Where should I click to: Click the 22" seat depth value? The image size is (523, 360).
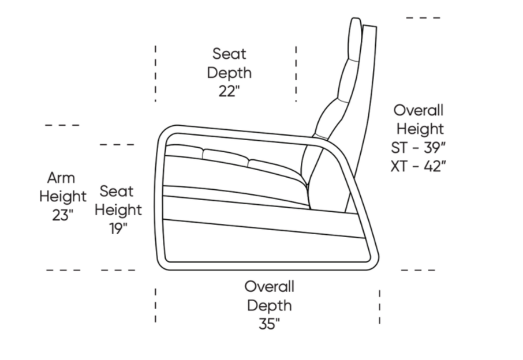coord(229,91)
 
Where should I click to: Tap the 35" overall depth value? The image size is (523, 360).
coord(269,323)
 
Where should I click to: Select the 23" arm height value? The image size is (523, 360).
coord(62,215)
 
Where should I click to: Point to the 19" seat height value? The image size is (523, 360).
coord(118,228)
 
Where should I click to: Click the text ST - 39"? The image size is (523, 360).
coord(419,147)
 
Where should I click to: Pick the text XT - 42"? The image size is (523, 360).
coord(419,166)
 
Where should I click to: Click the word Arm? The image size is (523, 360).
coord(61,178)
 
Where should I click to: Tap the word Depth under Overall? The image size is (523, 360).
coord(270,306)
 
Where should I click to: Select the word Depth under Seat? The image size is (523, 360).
coord(230,73)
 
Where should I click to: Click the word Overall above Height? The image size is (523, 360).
coord(419,110)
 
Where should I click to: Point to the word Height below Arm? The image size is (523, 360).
coord(63,196)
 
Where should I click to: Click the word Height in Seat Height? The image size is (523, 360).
coord(118,210)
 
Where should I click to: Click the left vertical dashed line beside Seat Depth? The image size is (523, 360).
coord(155,73)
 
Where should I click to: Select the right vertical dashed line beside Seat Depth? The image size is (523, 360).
coord(296,74)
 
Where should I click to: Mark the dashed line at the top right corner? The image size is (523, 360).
coord(423,18)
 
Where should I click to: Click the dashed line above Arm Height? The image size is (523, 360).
coord(62,125)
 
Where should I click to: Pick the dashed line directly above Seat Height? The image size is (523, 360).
coord(117,145)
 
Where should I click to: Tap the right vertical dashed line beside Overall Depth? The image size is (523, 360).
coord(380,307)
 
